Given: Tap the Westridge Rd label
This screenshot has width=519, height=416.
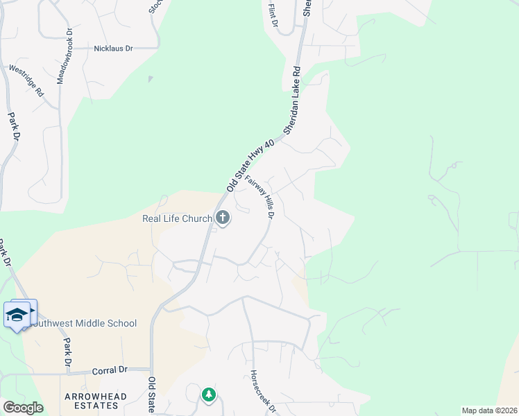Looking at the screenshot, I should coord(26,81).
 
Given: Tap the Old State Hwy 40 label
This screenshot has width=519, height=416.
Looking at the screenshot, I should coord(251,165).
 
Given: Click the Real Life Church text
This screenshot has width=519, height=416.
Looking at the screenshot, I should coord(176,219).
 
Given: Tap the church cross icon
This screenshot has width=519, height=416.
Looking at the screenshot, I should coord(223,219).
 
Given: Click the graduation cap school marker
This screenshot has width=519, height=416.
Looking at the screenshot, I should coord(17,315).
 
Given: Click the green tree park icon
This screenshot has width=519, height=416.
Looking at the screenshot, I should coord(209,395).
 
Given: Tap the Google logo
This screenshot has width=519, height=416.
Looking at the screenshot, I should coord(23,408).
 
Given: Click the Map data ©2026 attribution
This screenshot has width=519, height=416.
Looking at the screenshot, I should coord(489,410).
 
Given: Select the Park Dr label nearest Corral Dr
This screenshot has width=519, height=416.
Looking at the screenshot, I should coord(67,354).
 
